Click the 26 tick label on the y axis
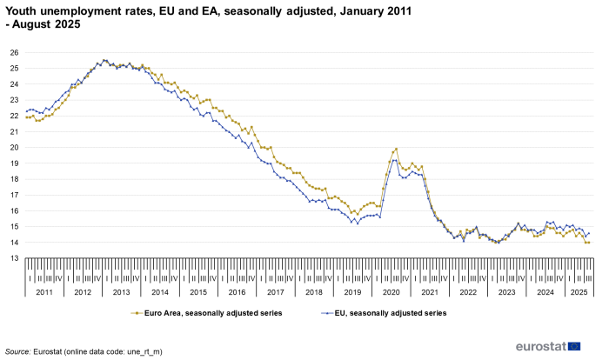(13, 52)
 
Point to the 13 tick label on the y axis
(13, 258)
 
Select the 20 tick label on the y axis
(13, 147)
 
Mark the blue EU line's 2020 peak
(395, 160)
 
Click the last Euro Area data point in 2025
(589, 243)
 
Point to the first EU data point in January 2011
(27, 110)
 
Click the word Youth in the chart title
(23, 10)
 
